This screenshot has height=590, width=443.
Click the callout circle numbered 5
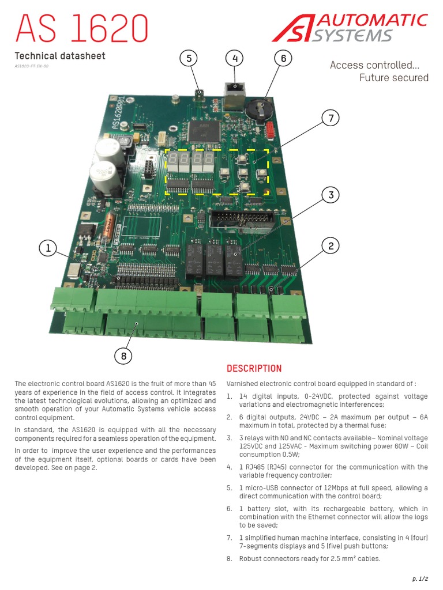point(188,59)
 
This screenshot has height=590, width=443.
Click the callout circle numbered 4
point(234,59)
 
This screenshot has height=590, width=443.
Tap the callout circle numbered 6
point(283,59)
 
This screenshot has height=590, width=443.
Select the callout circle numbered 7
point(331,119)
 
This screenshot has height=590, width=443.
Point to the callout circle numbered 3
point(331,195)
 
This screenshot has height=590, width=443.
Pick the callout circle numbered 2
point(331,247)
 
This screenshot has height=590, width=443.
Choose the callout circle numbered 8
point(123,357)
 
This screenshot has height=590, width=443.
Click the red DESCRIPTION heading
point(254,369)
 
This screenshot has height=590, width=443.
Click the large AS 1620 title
point(81,27)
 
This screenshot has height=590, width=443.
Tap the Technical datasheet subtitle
point(59,56)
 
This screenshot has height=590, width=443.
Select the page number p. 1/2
point(417,578)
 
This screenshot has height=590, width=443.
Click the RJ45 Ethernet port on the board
point(234,92)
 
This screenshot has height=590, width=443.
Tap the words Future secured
point(394,78)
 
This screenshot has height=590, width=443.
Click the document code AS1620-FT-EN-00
point(32,66)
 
